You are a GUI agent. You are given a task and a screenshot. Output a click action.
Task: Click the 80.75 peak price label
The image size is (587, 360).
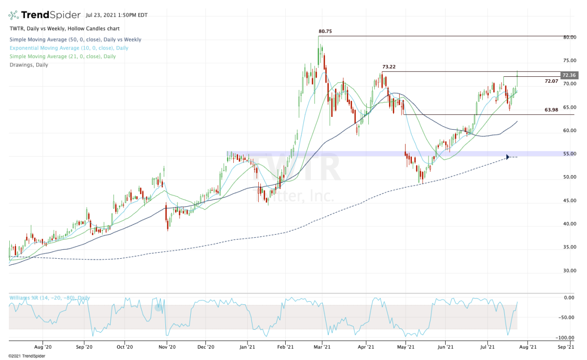[x=325, y=31]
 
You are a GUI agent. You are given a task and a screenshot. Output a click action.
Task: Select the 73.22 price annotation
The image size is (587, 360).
[x=388, y=67]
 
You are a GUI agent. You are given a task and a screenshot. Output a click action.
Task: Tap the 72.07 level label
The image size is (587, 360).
[x=551, y=81]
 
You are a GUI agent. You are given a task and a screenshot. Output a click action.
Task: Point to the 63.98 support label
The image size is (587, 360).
[x=551, y=110]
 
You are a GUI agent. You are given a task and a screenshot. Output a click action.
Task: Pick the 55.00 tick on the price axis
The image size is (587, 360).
[x=568, y=154]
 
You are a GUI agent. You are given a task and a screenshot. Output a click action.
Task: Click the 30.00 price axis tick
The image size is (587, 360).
[x=568, y=270]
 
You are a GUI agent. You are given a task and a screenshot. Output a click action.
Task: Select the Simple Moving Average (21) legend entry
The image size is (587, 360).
[x=62, y=56]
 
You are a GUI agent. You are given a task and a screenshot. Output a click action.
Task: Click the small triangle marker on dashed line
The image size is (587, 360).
[x=508, y=157]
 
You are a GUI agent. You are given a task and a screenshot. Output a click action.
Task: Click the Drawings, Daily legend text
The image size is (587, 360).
[x=28, y=65]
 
